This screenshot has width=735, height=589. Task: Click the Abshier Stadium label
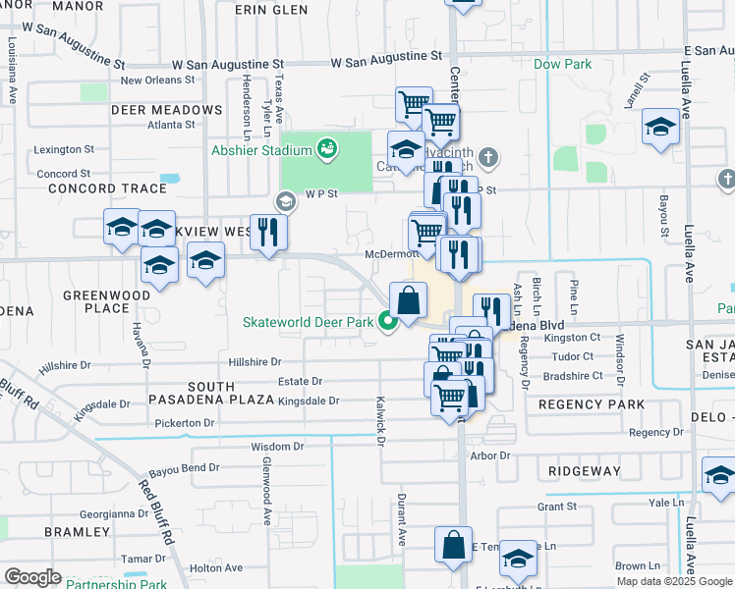click(260, 150)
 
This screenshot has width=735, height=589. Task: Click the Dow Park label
click(562, 64)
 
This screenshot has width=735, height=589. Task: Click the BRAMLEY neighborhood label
click(77, 531)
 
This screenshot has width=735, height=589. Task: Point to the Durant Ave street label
click(401, 520)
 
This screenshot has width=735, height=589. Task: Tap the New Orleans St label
click(158, 80)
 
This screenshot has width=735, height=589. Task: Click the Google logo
click(32, 577)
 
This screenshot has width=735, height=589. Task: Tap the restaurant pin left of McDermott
click(267, 232)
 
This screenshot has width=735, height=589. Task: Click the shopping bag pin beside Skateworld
click(409, 299)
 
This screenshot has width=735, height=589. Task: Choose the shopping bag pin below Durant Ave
click(452, 546)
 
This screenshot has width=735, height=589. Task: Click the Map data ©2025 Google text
click(673, 581)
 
